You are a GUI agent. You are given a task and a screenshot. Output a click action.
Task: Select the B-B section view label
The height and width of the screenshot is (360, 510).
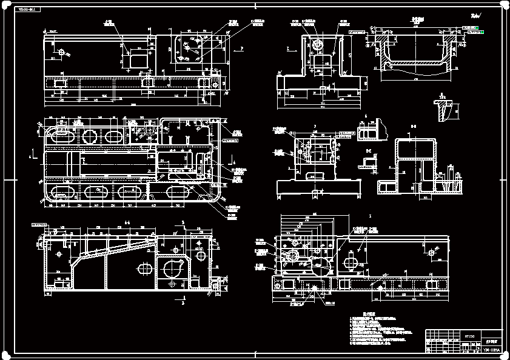[x=414, y=126]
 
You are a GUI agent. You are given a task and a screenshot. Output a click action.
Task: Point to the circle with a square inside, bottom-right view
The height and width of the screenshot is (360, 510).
[x=290, y=257]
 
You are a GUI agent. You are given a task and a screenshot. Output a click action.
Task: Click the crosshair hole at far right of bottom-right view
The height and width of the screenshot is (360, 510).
[x=431, y=250]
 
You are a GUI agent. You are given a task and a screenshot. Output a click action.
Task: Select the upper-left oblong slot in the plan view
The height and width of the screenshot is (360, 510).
[x=59, y=133]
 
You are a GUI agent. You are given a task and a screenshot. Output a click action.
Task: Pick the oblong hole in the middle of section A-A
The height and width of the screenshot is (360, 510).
[x=146, y=267]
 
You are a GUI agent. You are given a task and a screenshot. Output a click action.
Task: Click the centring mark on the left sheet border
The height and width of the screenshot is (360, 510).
[x=5, y=181]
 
